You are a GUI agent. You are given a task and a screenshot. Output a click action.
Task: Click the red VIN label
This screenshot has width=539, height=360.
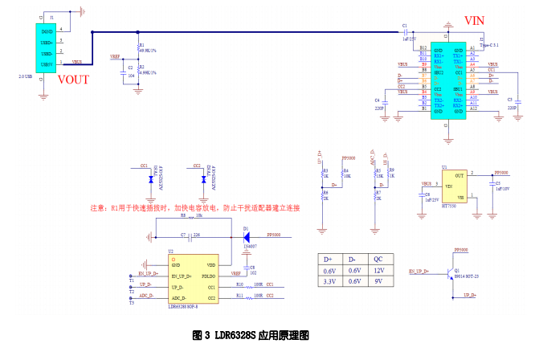coord(475,20)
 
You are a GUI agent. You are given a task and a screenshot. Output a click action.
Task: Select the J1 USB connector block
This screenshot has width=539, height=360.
coord(46,46)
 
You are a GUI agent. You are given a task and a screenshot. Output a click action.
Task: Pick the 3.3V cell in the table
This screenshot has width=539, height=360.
coord(328,282)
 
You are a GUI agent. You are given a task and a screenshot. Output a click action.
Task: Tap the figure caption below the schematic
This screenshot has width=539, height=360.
coord(251,333)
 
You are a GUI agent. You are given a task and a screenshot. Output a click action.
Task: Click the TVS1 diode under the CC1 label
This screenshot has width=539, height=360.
coord(150,181)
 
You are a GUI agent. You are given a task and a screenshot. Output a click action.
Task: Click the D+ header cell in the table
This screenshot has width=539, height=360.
coord(328,260)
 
